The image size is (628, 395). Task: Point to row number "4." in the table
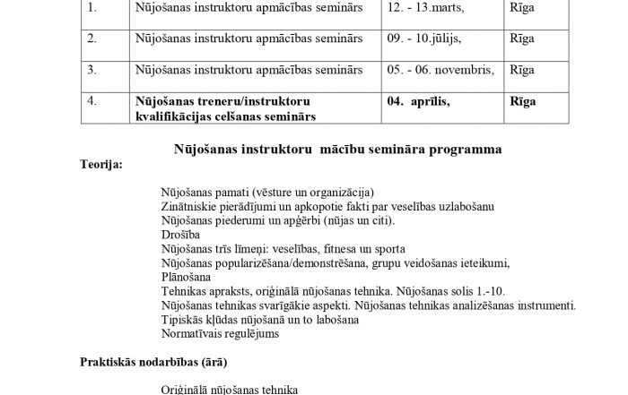click(92, 101)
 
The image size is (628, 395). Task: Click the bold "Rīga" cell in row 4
click(523, 101)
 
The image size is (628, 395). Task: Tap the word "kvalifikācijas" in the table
click(174, 116)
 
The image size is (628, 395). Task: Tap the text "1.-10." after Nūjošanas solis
click(509, 291)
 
